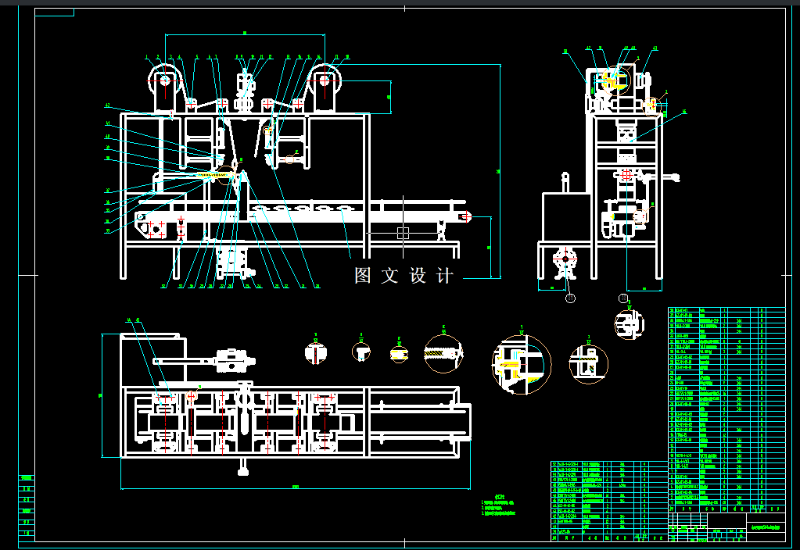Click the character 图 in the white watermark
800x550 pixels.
pos(362,276)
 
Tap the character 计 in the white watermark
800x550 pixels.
pos(445,276)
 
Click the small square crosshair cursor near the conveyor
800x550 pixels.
pos(403,232)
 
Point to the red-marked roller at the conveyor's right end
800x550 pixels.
pos(468,216)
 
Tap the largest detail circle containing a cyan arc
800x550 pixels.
pos(521,364)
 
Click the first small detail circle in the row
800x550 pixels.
pos(316,352)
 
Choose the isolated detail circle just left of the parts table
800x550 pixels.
pos(629,322)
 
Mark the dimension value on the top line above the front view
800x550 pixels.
pos(245,33)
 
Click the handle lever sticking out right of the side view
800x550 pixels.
pos(673,179)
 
